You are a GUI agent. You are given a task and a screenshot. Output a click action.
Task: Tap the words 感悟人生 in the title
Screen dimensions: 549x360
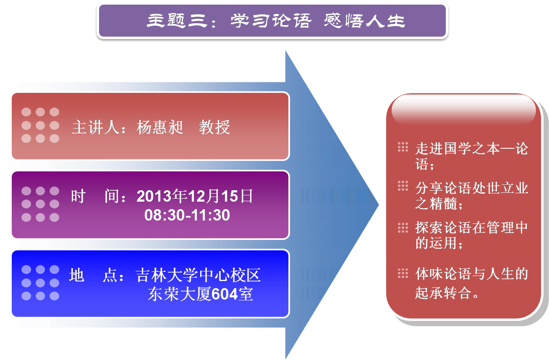[364, 21]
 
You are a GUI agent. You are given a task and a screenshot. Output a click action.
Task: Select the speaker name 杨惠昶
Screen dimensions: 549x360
[160, 127]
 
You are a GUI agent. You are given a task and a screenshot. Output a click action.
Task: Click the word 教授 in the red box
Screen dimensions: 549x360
[214, 127]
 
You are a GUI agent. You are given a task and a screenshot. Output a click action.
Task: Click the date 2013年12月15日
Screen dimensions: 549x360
[194, 196]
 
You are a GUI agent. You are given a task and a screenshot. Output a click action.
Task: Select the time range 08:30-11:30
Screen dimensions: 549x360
[187, 215]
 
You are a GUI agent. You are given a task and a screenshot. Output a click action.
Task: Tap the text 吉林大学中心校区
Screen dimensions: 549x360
[198, 275]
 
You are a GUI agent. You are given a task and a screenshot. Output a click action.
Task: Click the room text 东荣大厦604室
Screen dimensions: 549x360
[200, 294]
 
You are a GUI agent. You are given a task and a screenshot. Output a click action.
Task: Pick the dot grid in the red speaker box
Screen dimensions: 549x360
[40, 125]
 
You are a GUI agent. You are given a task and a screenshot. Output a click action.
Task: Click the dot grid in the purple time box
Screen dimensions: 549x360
[40, 204]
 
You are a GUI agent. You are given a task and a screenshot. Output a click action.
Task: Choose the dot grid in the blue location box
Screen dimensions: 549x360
[40, 283]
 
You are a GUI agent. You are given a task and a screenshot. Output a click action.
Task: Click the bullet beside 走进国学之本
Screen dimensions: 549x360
[403, 147]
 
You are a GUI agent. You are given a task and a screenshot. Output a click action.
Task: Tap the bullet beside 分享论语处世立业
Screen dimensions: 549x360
[403, 186]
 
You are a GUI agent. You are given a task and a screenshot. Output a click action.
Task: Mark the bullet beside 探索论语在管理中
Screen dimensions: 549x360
[403, 228]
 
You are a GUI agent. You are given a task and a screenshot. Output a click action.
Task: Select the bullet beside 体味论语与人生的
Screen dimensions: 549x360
[403, 273]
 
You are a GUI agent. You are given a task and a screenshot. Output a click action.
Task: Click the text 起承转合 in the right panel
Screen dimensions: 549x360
[443, 293]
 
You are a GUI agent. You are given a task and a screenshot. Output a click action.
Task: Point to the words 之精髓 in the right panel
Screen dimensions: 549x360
[436, 203]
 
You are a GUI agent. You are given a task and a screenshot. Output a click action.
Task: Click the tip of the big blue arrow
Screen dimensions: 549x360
[379, 205]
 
